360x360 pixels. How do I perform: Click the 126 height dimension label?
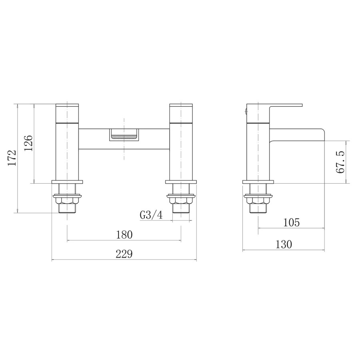point(28,143)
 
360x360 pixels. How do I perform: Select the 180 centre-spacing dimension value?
point(124,234)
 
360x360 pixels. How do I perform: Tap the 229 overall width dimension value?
point(124,254)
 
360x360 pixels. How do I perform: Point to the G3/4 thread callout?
point(151,215)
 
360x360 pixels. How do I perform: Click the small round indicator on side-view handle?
point(245,112)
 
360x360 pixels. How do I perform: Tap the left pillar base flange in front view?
point(67,182)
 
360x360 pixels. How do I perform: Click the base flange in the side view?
point(258,182)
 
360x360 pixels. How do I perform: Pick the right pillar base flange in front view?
point(181,182)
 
